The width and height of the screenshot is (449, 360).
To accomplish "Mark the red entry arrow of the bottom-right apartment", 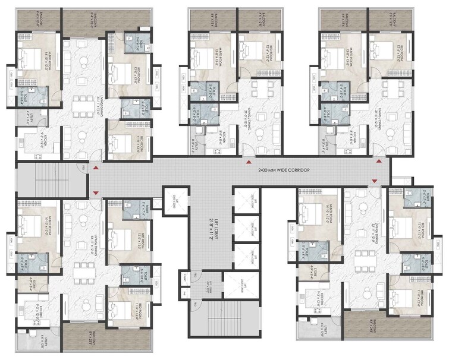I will [374, 181].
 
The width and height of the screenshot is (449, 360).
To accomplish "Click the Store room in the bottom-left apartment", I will [26, 284].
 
